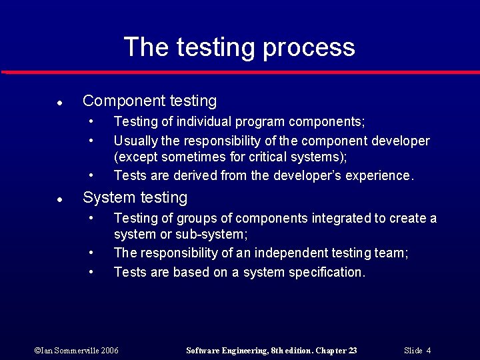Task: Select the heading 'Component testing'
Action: (149, 101)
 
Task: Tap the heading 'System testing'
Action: (135, 198)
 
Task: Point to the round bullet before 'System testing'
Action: (59, 200)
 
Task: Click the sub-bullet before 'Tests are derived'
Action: (92, 176)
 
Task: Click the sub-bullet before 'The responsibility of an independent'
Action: (92, 253)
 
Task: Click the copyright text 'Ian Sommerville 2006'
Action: (76, 351)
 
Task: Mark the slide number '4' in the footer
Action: (429, 351)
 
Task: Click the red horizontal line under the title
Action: (240, 72)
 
